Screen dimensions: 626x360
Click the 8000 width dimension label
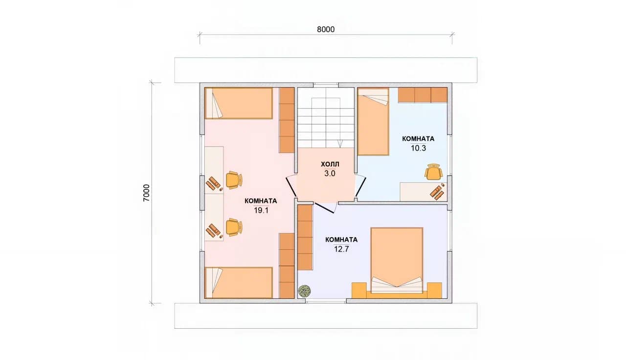pos(326,29)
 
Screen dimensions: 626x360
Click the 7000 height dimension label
pos(146,193)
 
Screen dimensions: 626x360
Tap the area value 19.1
pos(261,210)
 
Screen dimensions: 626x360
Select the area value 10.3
pos(418,148)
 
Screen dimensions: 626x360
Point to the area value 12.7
pos(341,249)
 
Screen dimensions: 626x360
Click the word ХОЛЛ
pos(330,164)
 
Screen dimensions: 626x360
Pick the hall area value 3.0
pos(330,174)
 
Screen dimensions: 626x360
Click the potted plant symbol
pos(305,291)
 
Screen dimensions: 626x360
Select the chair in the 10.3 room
pos(433,172)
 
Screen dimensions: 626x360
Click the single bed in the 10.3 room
pos(373,122)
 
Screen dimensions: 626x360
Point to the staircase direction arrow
pos(340,122)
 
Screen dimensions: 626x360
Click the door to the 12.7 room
pos(325,207)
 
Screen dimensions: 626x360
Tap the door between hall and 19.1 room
pos(291,187)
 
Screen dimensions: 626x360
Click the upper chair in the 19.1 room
pos(234,180)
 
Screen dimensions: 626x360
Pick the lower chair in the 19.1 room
pos(234,227)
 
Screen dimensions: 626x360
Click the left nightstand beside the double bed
pos(359,291)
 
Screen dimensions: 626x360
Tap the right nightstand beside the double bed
pos(435,291)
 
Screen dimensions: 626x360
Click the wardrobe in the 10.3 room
pos(423,95)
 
